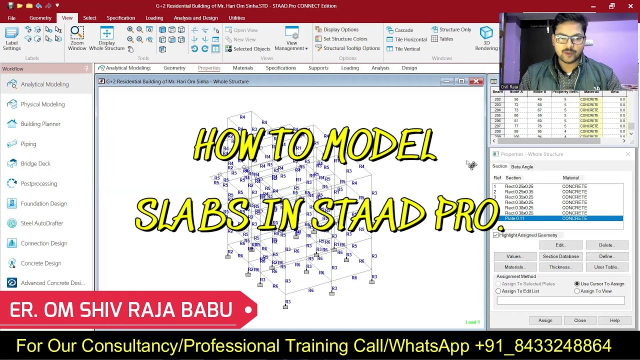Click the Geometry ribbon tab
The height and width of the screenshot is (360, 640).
point(40,18)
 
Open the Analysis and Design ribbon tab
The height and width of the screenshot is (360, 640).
point(195,18)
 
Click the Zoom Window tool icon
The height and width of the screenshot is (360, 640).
point(77,33)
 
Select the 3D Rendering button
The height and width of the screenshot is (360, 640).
point(486,35)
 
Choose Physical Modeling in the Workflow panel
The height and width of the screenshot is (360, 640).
point(42,104)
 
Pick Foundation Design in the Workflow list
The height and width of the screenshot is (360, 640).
point(43,203)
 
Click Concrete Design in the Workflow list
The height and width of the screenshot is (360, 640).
point(40,263)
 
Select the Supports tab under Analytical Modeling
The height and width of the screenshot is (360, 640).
point(318,68)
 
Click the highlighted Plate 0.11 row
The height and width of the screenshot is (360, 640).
point(557,218)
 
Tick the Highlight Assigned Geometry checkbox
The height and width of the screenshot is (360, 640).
point(496,235)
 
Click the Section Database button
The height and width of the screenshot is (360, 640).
point(560,256)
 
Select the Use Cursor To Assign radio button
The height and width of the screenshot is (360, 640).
point(577,283)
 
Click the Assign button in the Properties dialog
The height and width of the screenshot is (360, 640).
point(545,320)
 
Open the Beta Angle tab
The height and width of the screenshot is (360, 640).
point(521,166)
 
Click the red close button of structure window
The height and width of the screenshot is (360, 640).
point(476,81)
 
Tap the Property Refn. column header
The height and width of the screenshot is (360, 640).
point(565,92)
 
